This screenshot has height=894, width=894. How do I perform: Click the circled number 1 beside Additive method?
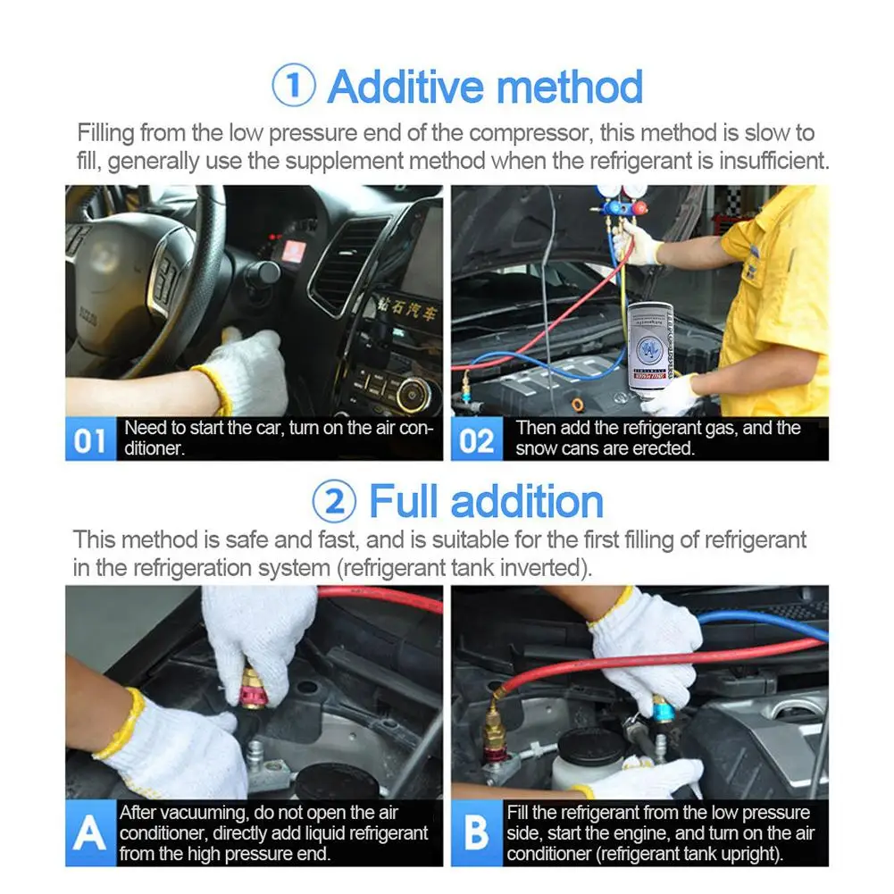(294, 86)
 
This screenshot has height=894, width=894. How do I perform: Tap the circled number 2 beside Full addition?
(335, 502)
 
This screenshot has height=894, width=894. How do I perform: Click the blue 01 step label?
(91, 439)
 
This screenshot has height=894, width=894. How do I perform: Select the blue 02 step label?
(477, 439)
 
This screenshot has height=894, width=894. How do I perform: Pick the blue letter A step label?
(91, 833)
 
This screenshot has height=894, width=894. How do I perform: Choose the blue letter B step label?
(477, 833)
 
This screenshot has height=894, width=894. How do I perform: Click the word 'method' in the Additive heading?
(570, 87)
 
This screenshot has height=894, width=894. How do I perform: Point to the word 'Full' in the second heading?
(405, 501)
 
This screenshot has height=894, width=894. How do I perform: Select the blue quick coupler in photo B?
(662, 709)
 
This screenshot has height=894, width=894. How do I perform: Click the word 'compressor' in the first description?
(529, 133)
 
